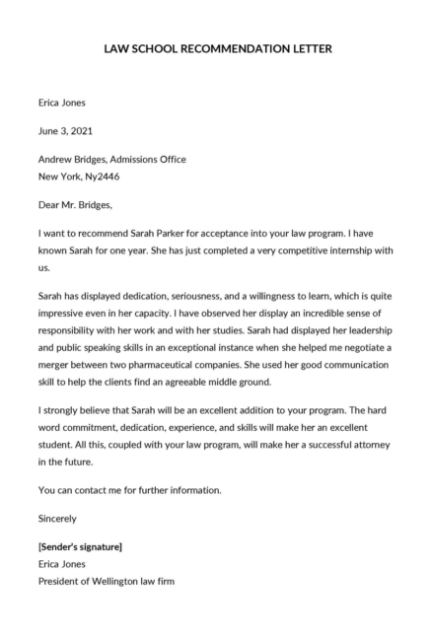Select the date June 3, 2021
pyautogui.click(x=66, y=130)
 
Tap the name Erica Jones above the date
pyautogui.click(x=62, y=102)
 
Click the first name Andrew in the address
pyautogui.click(x=55, y=159)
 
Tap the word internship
pyautogui.click(x=321, y=251)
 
